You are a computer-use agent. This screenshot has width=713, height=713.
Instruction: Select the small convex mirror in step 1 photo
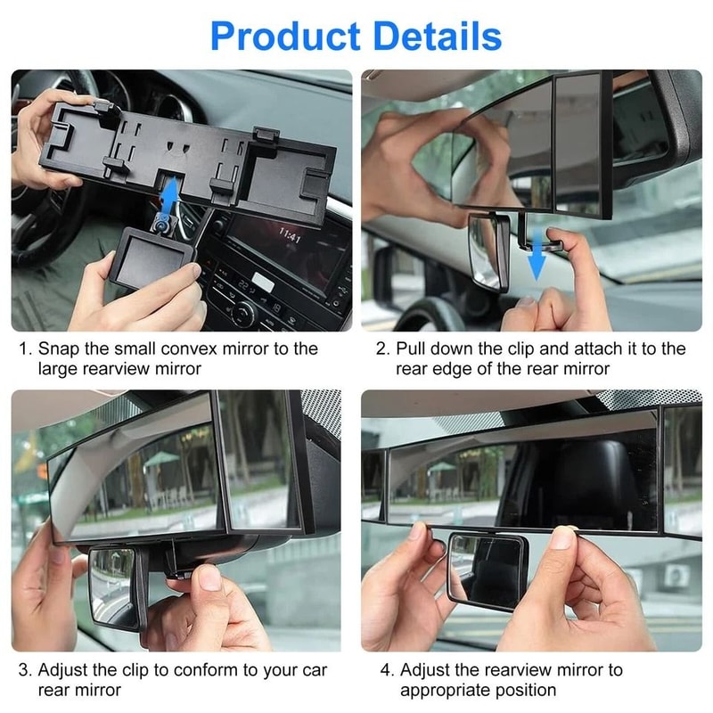[153, 258]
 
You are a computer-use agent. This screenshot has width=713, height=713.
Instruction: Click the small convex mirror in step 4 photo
[489, 571]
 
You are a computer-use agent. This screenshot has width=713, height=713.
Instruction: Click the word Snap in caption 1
[59, 348]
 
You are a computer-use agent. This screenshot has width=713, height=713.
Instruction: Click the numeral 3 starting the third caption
[24, 670]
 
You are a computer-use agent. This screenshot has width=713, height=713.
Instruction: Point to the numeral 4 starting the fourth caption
[386, 670]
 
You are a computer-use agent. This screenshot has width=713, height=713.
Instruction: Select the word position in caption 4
[527, 691]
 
